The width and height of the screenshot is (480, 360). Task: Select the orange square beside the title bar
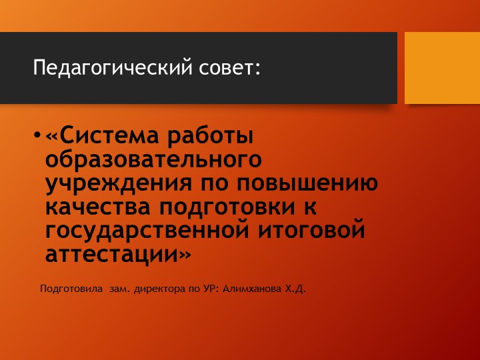pos(442,67)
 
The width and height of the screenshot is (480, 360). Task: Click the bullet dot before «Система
pos(37,138)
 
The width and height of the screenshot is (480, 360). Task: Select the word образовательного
pos(153,161)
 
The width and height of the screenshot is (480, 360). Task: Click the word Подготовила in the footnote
pos(71,289)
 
